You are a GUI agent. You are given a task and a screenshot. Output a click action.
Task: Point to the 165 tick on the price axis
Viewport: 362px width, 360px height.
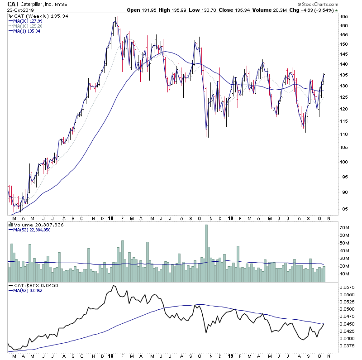tap(345, 16)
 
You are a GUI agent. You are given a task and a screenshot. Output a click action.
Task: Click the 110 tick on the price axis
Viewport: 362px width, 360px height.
tap(345, 134)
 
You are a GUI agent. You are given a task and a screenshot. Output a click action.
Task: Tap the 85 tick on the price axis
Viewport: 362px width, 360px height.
tap(345, 209)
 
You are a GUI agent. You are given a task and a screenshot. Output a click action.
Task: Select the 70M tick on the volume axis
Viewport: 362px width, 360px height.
tap(345, 227)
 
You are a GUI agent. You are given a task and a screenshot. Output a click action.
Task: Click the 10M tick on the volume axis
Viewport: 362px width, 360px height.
tap(345, 274)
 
